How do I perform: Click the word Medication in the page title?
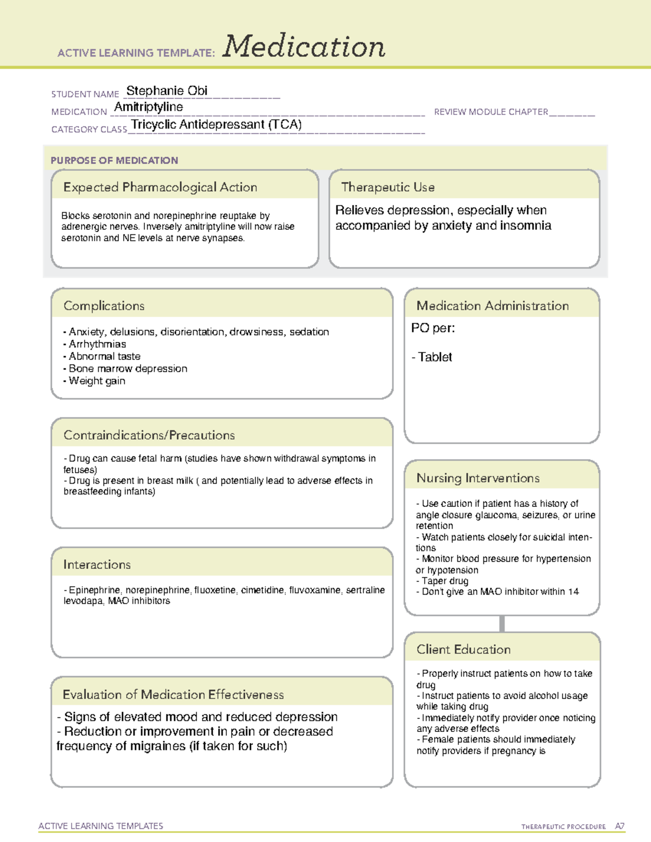point(304,47)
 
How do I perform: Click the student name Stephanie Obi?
point(167,91)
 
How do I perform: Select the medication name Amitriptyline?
point(148,107)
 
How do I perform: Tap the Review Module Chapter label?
point(491,112)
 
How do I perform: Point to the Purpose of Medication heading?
point(114,160)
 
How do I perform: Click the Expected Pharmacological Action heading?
point(160,187)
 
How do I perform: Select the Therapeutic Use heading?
point(388,187)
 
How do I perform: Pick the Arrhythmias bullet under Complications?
point(97,344)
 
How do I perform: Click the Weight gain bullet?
point(97,381)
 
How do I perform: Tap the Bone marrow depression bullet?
point(127,369)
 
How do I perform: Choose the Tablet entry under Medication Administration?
point(435,357)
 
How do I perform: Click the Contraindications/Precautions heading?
point(149,435)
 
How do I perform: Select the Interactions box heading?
point(97,564)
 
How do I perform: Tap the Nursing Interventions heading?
point(478,478)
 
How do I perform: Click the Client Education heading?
point(463,649)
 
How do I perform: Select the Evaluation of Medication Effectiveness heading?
point(173,695)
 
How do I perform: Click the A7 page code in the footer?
point(620,826)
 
